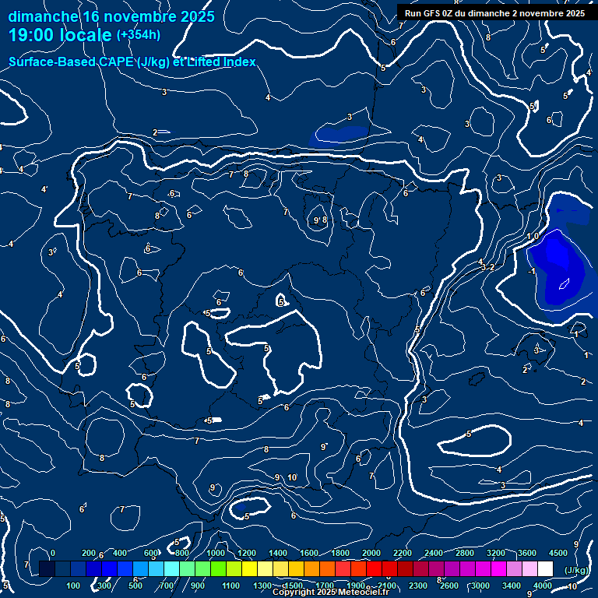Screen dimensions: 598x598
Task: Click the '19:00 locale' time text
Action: pos(59,35)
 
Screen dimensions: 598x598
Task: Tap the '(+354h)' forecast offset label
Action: pos(139,34)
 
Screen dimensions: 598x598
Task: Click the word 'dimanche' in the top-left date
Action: pos(43,16)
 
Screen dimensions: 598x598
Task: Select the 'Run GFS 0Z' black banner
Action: pos(494,12)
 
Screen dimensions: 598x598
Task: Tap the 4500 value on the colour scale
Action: pos(558,553)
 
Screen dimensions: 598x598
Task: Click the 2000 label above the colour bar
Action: pos(371,553)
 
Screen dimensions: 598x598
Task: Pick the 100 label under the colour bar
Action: pos(74,586)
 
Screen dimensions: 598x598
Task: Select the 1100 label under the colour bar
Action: pos(230,586)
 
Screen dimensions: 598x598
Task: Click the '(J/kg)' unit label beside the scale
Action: pos(576,570)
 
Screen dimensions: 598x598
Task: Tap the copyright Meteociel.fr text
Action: pos(330,593)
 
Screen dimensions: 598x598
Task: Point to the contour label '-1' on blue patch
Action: pos(530,271)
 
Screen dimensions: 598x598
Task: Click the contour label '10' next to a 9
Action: pos(292,477)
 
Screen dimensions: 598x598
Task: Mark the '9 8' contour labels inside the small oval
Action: pos(320,220)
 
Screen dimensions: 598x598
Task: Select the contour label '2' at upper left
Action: pos(155,132)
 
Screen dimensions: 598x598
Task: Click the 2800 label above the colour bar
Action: pos(465,553)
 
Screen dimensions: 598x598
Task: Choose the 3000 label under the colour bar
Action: pos(480,586)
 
